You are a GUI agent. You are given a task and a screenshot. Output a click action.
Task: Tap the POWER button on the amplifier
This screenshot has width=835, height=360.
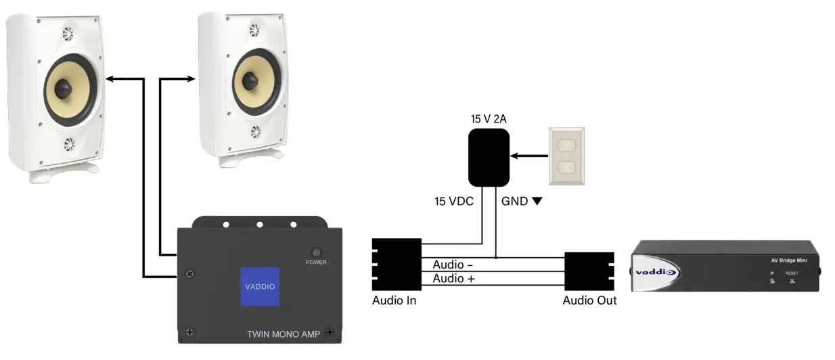point(316,252)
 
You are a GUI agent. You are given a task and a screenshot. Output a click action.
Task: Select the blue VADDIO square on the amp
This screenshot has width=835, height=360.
point(260,286)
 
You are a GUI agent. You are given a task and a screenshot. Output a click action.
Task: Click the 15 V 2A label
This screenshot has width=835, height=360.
point(489,119)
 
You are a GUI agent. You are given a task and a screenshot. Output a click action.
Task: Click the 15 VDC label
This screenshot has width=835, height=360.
point(453,201)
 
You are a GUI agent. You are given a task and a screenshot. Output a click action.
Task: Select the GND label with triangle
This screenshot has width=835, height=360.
point(522,201)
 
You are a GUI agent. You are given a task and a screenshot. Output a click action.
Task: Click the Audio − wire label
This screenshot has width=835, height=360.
point(453,265)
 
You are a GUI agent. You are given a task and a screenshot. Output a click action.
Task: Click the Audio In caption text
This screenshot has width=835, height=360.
point(394,300)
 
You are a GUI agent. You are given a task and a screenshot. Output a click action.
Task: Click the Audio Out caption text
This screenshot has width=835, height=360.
point(589,300)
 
